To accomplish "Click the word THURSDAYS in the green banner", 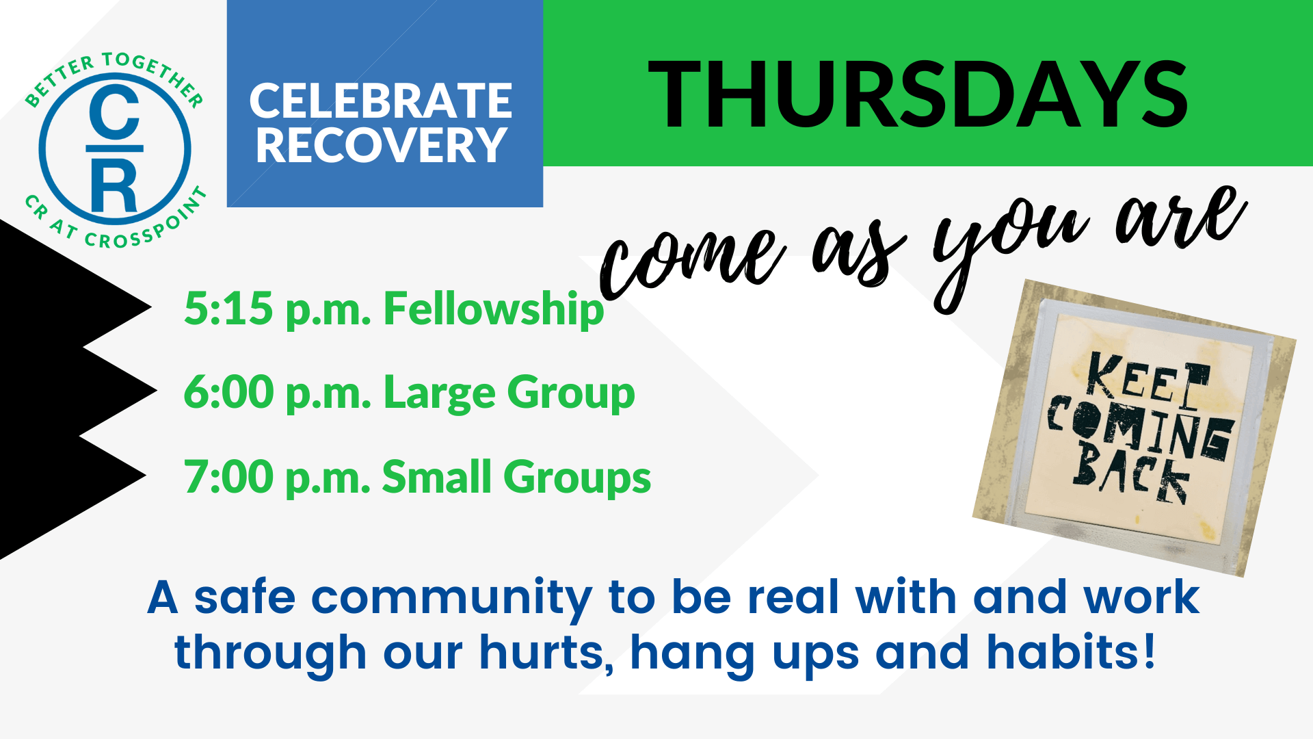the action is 918,94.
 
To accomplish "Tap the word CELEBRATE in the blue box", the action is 381,101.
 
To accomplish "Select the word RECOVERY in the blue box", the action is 381,145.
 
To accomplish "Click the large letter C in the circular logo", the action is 114,112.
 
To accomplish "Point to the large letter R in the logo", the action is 114,186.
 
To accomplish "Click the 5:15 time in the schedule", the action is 228,308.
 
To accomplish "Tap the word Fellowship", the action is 494,309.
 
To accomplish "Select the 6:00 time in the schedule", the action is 229,392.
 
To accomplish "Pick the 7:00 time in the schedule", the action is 229,476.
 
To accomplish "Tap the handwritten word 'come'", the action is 691,260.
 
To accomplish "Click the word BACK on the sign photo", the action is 1131,473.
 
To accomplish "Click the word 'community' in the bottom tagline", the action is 451,598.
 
